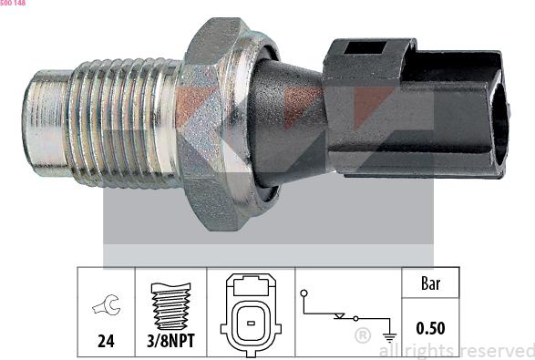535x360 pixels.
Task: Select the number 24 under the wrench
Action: [x=107, y=344]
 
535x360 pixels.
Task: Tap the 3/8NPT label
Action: [x=170, y=344]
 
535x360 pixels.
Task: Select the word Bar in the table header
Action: [x=430, y=284]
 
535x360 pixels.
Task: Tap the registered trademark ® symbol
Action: [x=363, y=336]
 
